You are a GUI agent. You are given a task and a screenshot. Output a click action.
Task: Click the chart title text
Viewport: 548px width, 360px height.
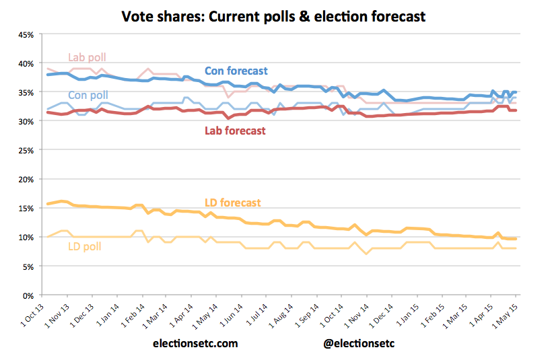[273, 15]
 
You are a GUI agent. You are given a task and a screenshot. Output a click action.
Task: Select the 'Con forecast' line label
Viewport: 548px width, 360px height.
[236, 71]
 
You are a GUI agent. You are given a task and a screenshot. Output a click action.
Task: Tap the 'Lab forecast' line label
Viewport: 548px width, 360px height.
[235, 131]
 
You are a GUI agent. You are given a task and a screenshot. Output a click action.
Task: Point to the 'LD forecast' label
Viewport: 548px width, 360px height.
[233, 203]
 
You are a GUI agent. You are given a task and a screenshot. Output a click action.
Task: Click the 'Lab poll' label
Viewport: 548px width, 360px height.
[87, 57]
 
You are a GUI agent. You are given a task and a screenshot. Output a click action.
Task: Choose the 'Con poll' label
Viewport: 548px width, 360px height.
[88, 96]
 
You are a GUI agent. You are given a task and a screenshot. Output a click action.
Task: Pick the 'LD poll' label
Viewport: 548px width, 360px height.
[85, 246]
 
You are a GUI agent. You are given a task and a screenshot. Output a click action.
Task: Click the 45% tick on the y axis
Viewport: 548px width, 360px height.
[26, 34]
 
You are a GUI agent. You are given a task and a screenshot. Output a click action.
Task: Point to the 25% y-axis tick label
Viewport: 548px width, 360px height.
[26, 150]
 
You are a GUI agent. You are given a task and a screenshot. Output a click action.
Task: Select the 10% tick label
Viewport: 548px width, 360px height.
[26, 238]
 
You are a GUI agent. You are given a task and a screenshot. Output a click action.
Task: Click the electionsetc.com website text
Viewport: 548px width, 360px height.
[195, 343]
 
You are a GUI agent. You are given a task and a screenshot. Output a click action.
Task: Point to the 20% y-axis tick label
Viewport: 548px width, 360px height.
[26, 180]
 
